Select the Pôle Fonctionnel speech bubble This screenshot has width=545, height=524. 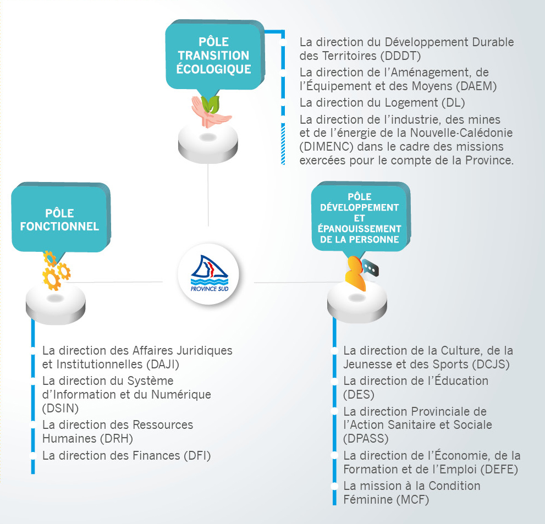(60, 219)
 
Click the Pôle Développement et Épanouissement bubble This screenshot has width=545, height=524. (360, 218)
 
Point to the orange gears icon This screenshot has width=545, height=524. (55, 271)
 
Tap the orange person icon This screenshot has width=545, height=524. (355, 274)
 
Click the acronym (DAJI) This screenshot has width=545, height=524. (163, 364)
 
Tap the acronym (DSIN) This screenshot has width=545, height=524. (60, 408)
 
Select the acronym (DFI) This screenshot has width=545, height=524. (197, 455)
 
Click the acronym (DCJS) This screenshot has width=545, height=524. (491, 364)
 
